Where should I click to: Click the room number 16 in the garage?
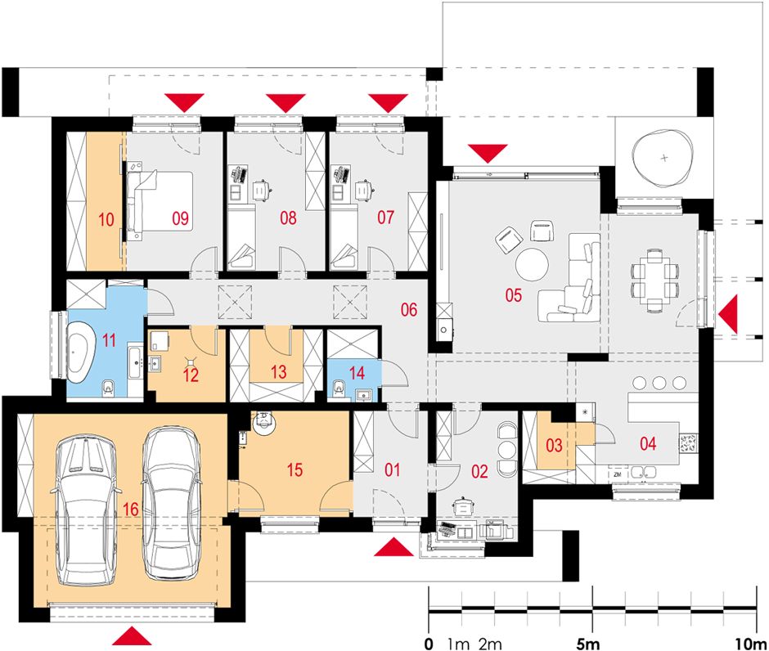[x=130, y=510]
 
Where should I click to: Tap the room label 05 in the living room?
[x=514, y=295]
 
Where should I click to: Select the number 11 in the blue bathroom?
[x=109, y=339]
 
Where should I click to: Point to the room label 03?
[x=554, y=446]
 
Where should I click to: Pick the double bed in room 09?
[x=160, y=200]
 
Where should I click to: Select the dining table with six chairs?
[x=654, y=281]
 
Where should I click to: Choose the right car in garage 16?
[x=172, y=504]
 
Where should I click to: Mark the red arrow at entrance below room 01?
[x=393, y=546]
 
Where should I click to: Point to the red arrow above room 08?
[x=286, y=103]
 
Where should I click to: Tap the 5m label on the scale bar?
[x=588, y=643]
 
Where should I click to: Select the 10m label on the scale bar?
[x=751, y=643]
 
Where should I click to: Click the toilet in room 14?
[x=338, y=388]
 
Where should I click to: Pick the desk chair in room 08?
[x=262, y=190]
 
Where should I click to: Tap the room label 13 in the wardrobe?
[x=279, y=371]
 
